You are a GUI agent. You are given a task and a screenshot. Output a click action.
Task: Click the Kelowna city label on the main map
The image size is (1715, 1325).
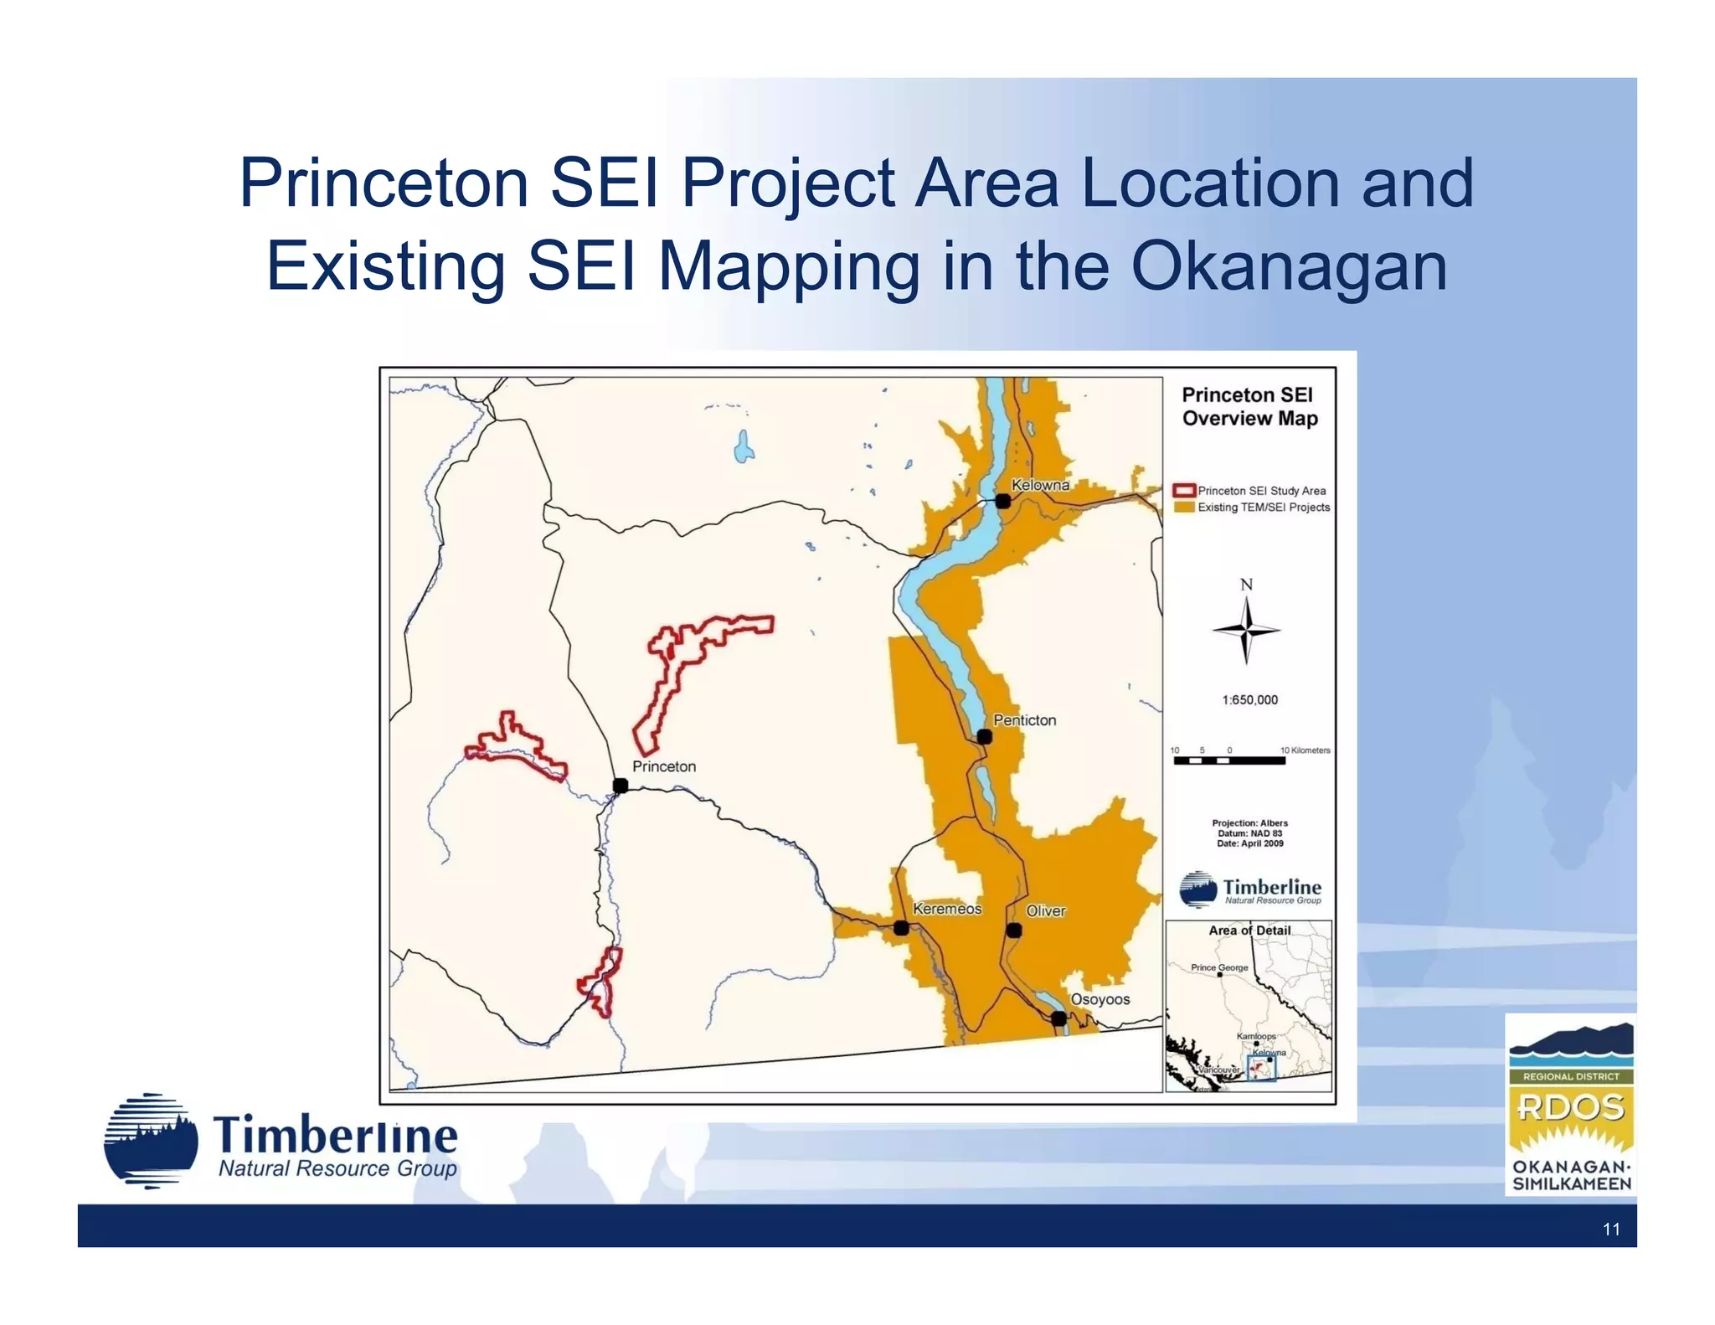click(x=1040, y=485)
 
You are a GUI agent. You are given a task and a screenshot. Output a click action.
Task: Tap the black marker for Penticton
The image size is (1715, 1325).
click(x=985, y=737)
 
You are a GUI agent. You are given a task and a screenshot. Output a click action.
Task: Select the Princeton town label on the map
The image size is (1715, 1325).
click(x=663, y=766)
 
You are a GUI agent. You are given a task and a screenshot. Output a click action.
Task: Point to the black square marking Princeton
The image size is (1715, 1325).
click(x=621, y=786)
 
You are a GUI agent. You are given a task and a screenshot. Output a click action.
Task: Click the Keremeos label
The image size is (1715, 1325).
click(x=946, y=909)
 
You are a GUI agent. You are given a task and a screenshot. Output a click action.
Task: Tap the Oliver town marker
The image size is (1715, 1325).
click(x=1014, y=930)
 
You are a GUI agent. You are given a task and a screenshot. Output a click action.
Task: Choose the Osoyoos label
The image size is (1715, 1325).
click(x=1100, y=999)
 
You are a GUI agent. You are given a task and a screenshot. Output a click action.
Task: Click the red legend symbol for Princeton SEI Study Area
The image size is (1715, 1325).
click(x=1183, y=491)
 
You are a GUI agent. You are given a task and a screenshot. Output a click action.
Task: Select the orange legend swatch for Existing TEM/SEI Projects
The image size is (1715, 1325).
click(x=1183, y=507)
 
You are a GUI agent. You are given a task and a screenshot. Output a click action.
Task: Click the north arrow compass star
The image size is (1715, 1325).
click(x=1246, y=630)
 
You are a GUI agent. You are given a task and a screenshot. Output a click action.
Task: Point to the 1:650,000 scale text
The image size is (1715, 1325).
click(x=1249, y=700)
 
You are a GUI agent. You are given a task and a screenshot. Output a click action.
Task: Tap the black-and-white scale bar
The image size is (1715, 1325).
click(x=1228, y=760)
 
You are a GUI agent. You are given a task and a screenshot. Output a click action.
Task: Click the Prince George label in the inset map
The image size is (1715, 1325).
click(x=1219, y=967)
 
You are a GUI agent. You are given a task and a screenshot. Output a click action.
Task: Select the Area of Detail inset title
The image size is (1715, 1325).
click(x=1249, y=931)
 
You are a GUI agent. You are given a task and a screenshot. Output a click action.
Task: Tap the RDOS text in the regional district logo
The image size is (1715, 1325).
click(x=1570, y=1108)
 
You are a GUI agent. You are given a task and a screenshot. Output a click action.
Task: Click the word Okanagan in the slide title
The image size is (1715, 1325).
click(x=1289, y=266)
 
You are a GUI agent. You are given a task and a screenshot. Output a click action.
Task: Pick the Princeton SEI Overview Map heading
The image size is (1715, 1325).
click(x=1249, y=406)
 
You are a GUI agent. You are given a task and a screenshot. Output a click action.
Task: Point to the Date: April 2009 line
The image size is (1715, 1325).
click(x=1249, y=843)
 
